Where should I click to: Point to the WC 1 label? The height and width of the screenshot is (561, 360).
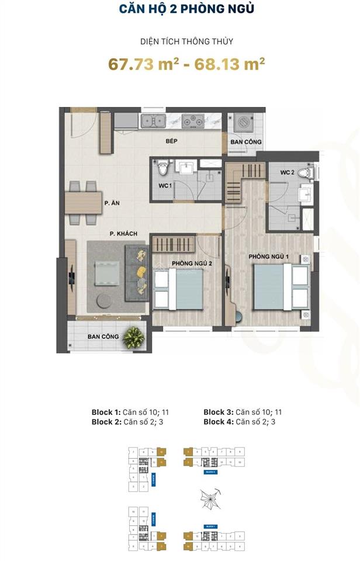(x=165, y=186)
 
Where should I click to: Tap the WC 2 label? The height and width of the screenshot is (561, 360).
(x=286, y=173)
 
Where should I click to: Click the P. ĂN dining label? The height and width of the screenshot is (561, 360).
(x=112, y=203)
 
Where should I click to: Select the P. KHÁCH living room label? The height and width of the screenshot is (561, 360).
(x=123, y=234)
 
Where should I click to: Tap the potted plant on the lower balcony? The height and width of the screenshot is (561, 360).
(x=134, y=336)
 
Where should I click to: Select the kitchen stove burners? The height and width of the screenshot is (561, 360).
(x=192, y=122)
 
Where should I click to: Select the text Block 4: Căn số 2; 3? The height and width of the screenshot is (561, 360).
(x=240, y=421)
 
